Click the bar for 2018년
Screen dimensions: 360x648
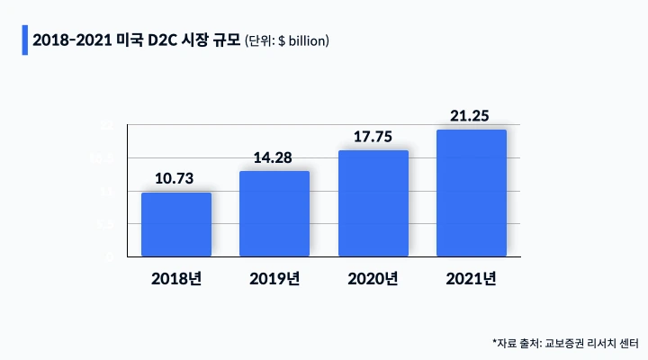tap(176, 224)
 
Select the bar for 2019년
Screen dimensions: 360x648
tap(274, 213)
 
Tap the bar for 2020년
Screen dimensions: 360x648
tap(373, 203)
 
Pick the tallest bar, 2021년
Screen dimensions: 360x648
tap(472, 193)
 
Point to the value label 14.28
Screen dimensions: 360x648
tap(274, 157)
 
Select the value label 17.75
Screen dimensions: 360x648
tap(373, 137)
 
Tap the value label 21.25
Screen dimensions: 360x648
tap(472, 116)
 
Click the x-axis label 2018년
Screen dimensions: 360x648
tap(176, 278)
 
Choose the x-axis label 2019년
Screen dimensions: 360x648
tap(274, 278)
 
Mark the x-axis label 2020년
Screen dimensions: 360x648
tap(373, 278)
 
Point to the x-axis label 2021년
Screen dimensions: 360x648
tap(472, 278)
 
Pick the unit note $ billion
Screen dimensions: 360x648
tap(302, 40)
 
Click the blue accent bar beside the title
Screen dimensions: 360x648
tap(24, 40)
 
